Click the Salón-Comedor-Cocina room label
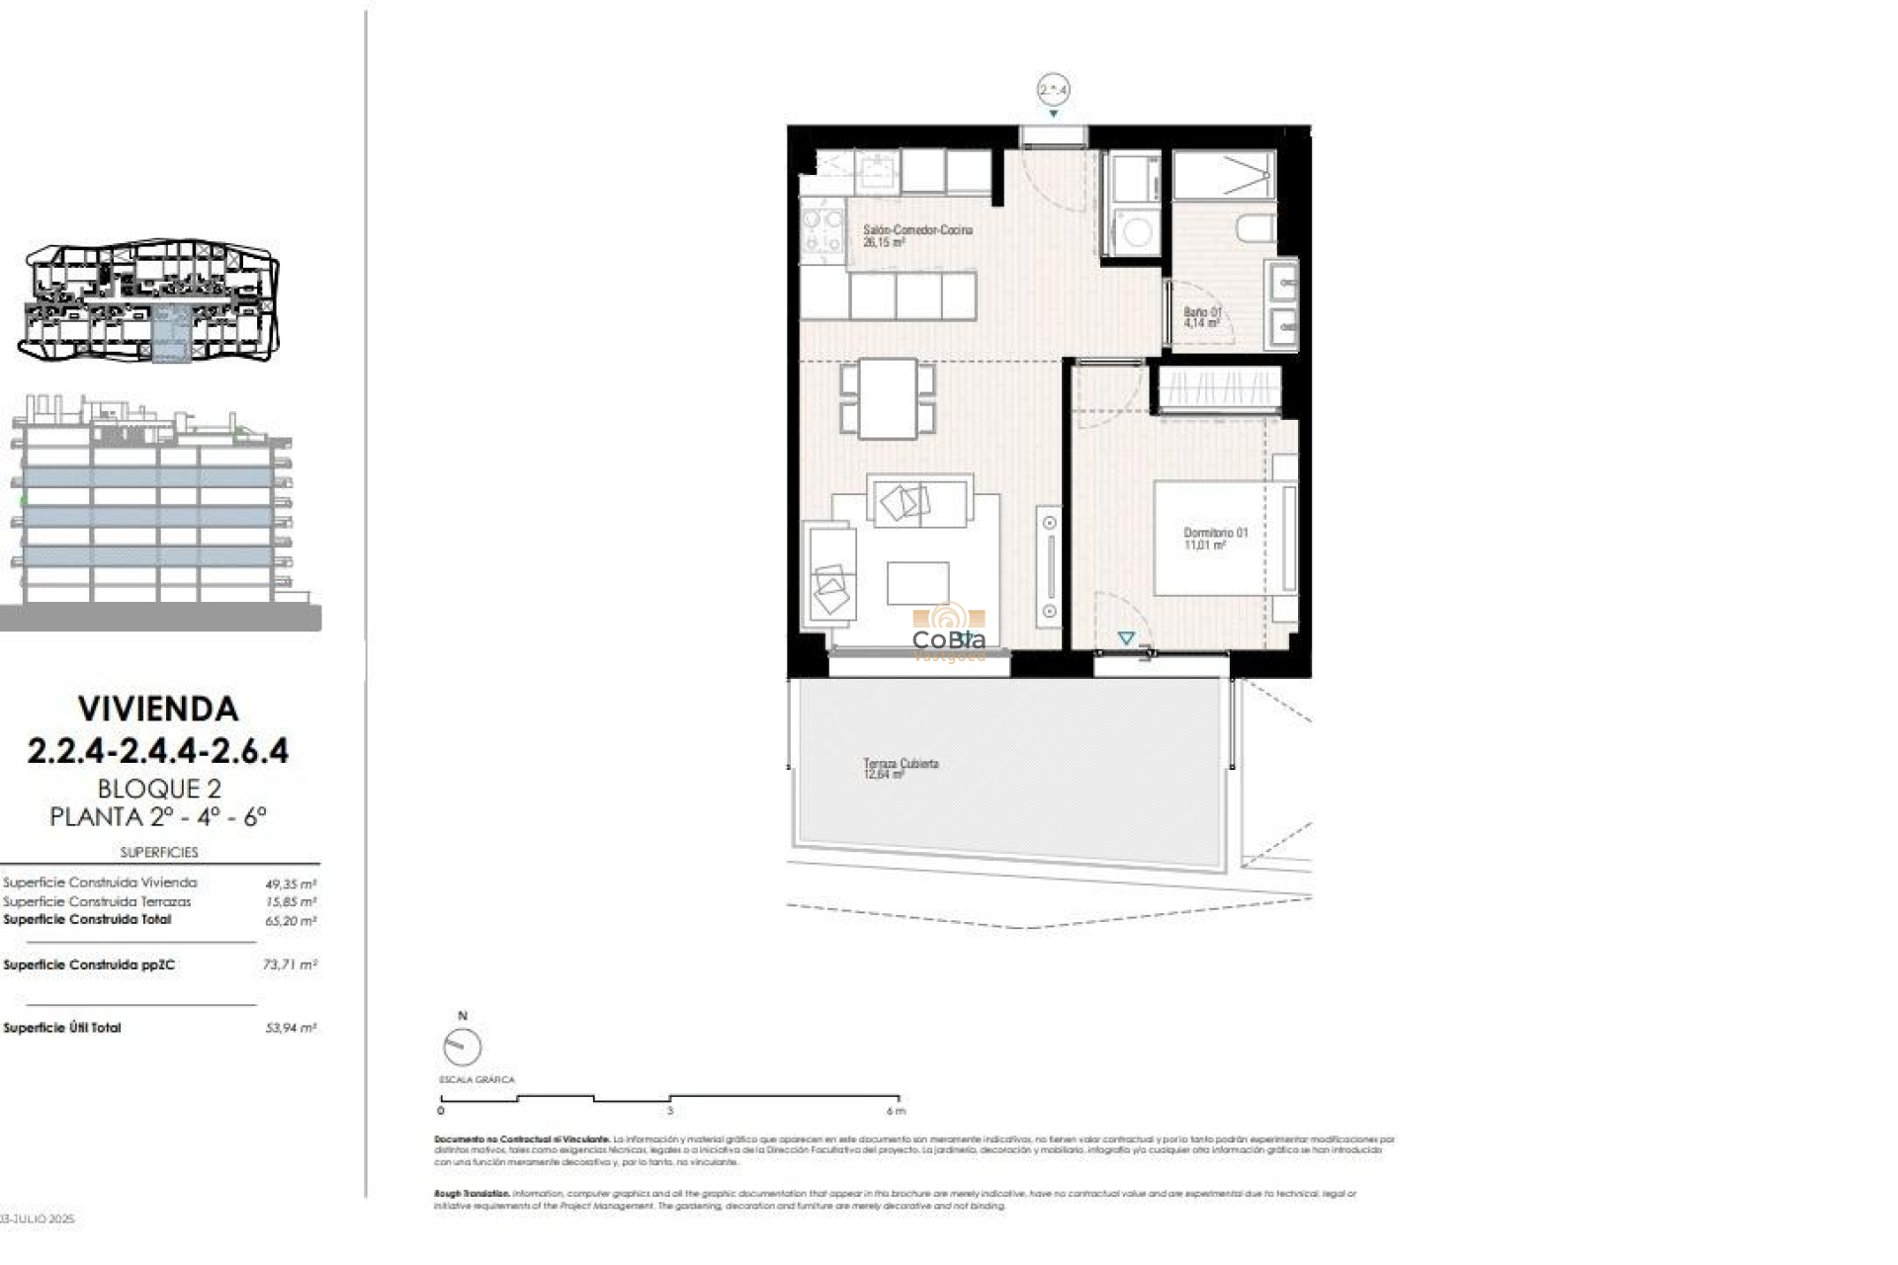(x=916, y=235)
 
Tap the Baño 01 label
(x=1202, y=317)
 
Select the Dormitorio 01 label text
(x=1215, y=539)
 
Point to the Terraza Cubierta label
(x=900, y=768)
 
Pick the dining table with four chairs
(x=887, y=398)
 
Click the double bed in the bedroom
(x=1224, y=538)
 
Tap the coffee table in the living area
(x=917, y=583)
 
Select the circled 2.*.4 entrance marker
(x=1053, y=90)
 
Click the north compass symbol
(x=462, y=1046)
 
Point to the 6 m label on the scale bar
(x=896, y=1111)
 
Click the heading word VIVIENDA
(x=158, y=709)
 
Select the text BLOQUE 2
(x=158, y=789)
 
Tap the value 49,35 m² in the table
(x=291, y=884)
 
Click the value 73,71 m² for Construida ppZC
(x=290, y=965)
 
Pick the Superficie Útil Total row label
(x=62, y=1028)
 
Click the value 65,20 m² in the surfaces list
(x=291, y=920)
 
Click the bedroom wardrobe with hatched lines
(x=1219, y=388)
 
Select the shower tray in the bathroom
(x=1223, y=175)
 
